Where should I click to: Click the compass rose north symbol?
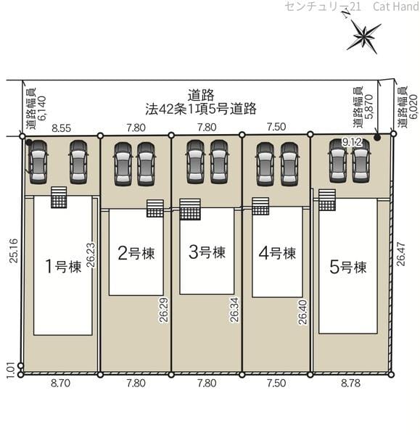pos(363,35)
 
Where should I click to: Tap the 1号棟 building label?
pos(63,266)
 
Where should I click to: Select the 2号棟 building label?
pos(136,253)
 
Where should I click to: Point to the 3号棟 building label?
pos(207,252)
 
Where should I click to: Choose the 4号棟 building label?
pos(277,253)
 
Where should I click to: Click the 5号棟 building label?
pos(348,267)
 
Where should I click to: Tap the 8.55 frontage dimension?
pos(62,128)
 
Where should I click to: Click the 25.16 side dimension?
pos(13,250)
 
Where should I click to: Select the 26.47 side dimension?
pos(400,254)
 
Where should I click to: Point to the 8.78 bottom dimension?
pos(350,383)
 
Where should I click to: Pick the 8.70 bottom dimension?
pos(60,384)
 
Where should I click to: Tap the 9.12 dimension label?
pos(352,143)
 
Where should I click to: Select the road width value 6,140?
pos(42,108)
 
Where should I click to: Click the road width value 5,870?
pos(369,107)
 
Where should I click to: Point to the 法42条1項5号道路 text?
pos(201,109)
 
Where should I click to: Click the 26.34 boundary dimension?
pos(234,310)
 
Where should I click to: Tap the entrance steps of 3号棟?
pos(190,210)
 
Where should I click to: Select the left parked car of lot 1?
pos(38,162)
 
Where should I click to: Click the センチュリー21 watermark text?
pos(323,7)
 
